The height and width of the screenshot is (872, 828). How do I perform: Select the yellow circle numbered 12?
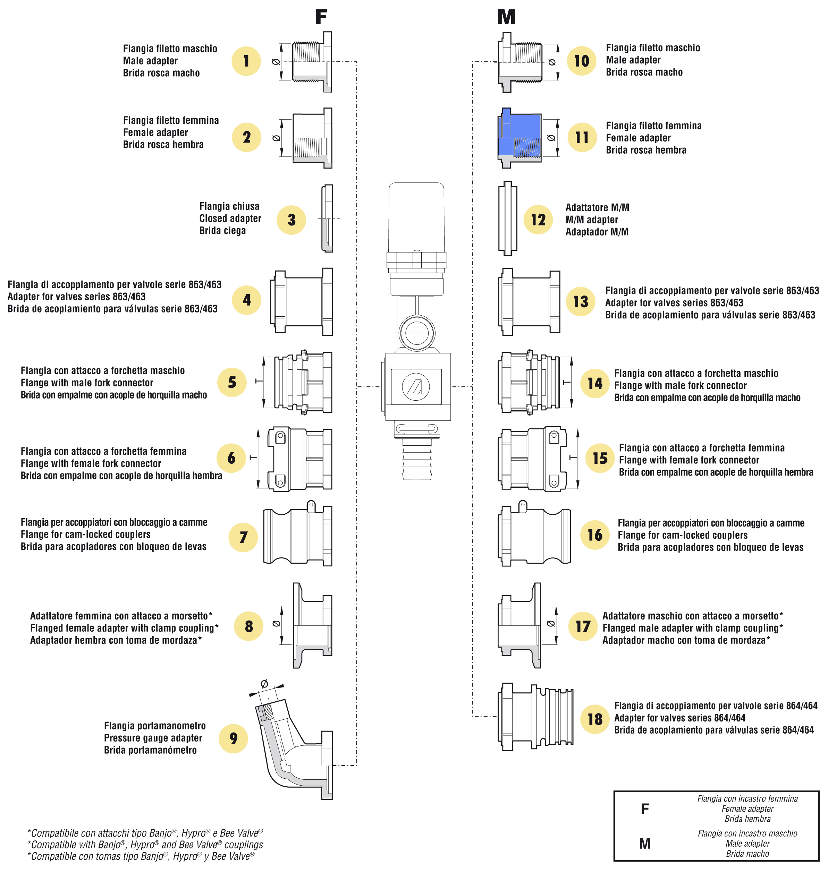point(538,219)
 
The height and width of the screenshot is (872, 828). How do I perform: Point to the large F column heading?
point(321,17)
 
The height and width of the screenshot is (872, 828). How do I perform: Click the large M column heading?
point(506,17)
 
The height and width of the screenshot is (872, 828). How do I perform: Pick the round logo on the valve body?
point(416,386)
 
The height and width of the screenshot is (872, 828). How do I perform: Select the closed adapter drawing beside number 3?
point(327,218)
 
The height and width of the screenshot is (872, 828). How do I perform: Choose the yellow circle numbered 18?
point(595,719)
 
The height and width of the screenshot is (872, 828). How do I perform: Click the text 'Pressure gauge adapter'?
point(153,738)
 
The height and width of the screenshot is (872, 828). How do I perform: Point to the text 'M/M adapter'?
point(591,220)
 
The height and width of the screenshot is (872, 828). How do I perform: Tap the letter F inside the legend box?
point(645,809)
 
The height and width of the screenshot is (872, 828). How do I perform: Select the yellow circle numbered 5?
point(232,382)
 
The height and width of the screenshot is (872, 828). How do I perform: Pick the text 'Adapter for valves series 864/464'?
point(680,718)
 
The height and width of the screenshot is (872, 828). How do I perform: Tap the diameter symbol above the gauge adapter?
point(264,684)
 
